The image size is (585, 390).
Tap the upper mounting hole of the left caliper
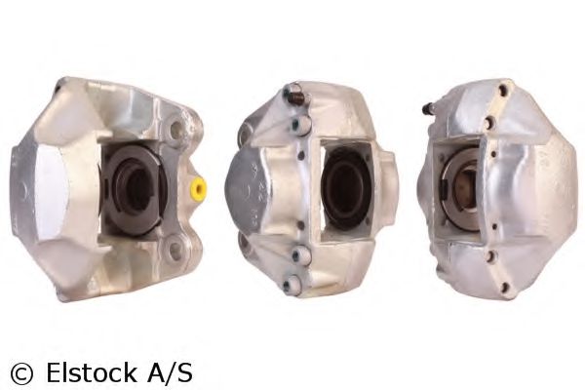(175, 127)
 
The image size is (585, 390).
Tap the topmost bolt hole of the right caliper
(501, 93)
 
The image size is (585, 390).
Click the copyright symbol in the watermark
(20, 371)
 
